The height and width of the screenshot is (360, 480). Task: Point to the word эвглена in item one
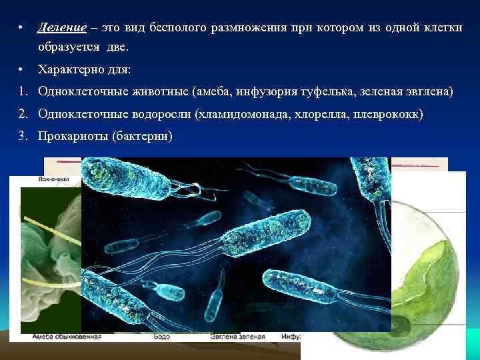(428, 91)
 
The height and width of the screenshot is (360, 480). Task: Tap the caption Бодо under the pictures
(163, 337)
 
